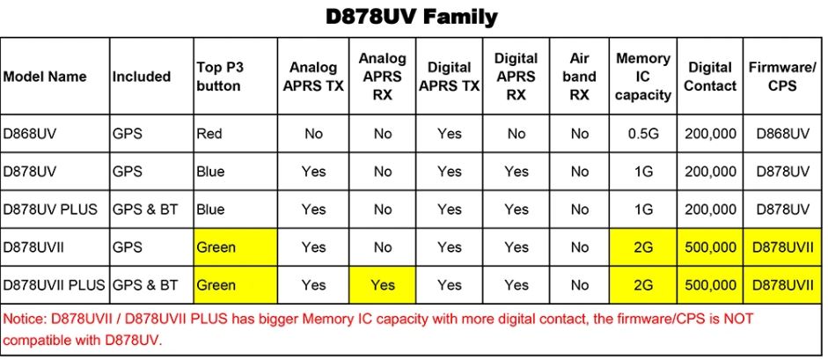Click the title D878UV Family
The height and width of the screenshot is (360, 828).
pyautogui.click(x=411, y=17)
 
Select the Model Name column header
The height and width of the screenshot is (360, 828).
pyautogui.click(x=45, y=77)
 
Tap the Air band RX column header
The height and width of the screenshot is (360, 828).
pyautogui.click(x=579, y=77)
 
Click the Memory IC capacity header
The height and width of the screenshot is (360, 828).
pyautogui.click(x=642, y=77)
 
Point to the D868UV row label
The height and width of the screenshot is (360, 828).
pyautogui.click(x=30, y=134)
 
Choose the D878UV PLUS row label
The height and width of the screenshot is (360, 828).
pyautogui.click(x=50, y=209)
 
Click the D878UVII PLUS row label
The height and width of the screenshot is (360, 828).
pyautogui.click(x=55, y=285)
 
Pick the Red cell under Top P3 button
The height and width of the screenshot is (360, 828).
pyautogui.click(x=209, y=134)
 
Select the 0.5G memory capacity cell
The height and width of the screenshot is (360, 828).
pyautogui.click(x=642, y=134)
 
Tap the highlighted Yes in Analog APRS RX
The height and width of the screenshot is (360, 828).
pyautogui.click(x=382, y=285)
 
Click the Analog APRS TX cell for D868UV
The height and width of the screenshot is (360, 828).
pyautogui.click(x=313, y=134)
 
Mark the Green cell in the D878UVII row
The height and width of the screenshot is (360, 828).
pyautogui.click(x=216, y=247)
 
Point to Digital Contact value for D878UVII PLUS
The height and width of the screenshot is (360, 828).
pyautogui.click(x=710, y=285)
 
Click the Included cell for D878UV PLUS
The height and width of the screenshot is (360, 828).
pyautogui.click(x=144, y=209)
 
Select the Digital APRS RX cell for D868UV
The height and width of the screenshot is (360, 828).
pyautogui.click(x=516, y=134)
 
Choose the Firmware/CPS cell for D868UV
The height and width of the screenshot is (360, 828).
pyautogui.click(x=782, y=134)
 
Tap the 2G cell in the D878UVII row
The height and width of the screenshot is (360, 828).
pyautogui.click(x=642, y=247)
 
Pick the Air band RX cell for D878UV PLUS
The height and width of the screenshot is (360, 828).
pyautogui.click(x=579, y=209)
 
